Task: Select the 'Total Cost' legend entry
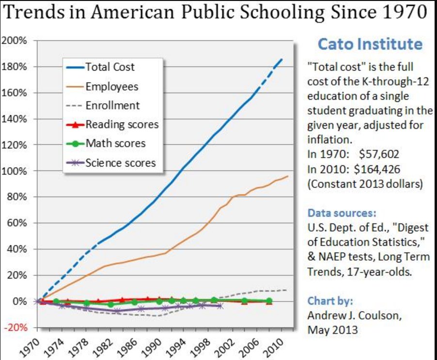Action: click(x=110, y=67)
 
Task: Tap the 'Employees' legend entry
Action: click(x=111, y=86)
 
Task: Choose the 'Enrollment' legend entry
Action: click(x=112, y=105)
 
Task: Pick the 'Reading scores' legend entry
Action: click(x=122, y=125)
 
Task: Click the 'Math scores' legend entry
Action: click(x=115, y=143)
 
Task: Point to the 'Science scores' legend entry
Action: click(x=121, y=162)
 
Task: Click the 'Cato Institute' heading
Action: click(x=370, y=45)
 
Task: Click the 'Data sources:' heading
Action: click(x=341, y=213)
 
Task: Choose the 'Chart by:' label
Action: click(x=328, y=301)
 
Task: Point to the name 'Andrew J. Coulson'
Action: click(x=354, y=316)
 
